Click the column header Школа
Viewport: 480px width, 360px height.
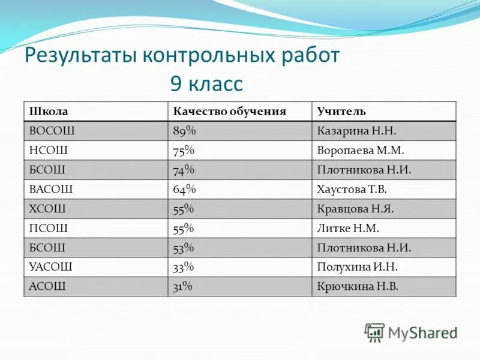click(x=49, y=112)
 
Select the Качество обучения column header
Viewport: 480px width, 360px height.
click(x=230, y=112)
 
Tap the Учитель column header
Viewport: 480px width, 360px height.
click(x=341, y=112)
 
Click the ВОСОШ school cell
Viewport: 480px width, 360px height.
click(x=52, y=131)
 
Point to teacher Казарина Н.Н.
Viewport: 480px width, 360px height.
click(x=356, y=131)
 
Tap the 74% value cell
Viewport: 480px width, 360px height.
click(x=184, y=170)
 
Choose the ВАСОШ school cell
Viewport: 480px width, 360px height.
click(x=51, y=189)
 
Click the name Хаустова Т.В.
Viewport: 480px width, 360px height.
click(x=352, y=189)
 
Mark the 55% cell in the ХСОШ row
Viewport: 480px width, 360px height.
click(x=184, y=209)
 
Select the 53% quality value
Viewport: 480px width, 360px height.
click(x=184, y=247)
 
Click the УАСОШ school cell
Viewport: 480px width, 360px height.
click(x=50, y=267)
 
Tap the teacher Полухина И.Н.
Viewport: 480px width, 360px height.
click(x=357, y=267)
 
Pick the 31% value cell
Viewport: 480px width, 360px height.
click(x=182, y=286)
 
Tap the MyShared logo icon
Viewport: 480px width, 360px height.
click(x=374, y=332)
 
